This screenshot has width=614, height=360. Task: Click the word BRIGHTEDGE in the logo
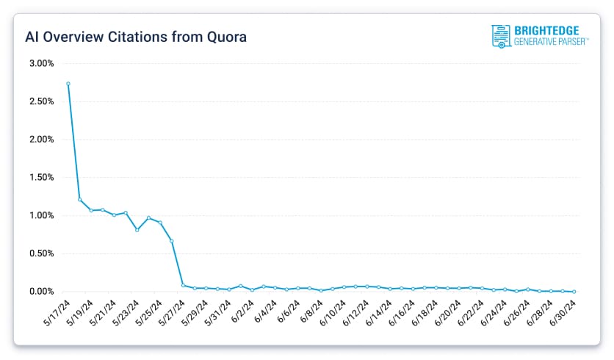pyautogui.click(x=547, y=31)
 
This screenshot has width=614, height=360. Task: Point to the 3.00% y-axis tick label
pyautogui.click(x=41, y=63)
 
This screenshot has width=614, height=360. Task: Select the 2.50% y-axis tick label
pyautogui.click(x=41, y=101)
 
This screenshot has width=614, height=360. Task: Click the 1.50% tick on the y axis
pyautogui.click(x=41, y=177)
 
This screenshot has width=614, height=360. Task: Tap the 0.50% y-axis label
pyautogui.click(x=41, y=253)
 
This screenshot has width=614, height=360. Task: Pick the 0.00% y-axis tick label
pyautogui.click(x=41, y=292)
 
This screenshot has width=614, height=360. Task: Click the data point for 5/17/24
pyautogui.click(x=68, y=84)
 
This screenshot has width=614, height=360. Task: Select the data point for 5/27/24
pyautogui.click(x=183, y=285)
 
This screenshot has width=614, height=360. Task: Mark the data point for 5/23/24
pyautogui.click(x=137, y=230)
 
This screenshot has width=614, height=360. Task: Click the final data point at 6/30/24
pyautogui.click(x=574, y=292)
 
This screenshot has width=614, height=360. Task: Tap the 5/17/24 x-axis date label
pyautogui.click(x=58, y=312)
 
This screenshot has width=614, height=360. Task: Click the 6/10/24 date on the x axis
pyautogui.click(x=334, y=312)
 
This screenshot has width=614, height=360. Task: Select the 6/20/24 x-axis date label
pyautogui.click(x=449, y=312)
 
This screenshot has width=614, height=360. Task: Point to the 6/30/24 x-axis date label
pyautogui.click(x=563, y=312)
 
